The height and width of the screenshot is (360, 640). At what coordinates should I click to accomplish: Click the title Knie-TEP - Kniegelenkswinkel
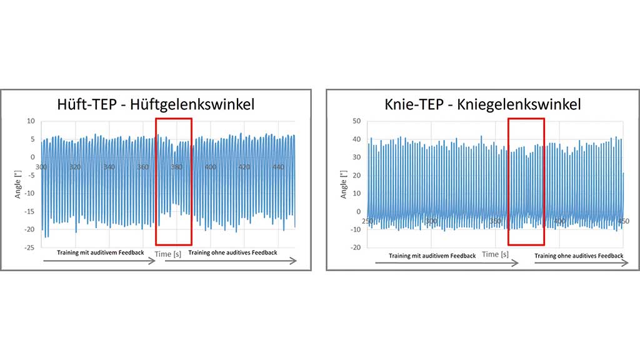pos(483,104)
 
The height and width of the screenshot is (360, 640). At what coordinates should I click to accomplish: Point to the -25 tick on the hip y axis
pos(29,247)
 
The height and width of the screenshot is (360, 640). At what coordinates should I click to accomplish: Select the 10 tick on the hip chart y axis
pos(30,121)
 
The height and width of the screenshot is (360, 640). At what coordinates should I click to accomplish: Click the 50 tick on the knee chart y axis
pos(356,121)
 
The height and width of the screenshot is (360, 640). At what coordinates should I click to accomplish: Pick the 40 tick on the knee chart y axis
pos(356,139)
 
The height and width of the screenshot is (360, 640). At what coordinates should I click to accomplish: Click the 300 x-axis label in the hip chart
pos(42,167)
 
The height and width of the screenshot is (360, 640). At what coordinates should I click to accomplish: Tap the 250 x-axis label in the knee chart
pos(367,221)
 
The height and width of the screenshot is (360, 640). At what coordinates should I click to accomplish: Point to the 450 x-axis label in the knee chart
pos(623,221)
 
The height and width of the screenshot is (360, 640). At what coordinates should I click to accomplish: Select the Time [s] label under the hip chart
pos(167,254)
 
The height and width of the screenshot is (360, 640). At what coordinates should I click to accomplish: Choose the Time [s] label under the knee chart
pos(495,254)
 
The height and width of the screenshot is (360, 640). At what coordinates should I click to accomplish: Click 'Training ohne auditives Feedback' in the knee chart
pos(579,256)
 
